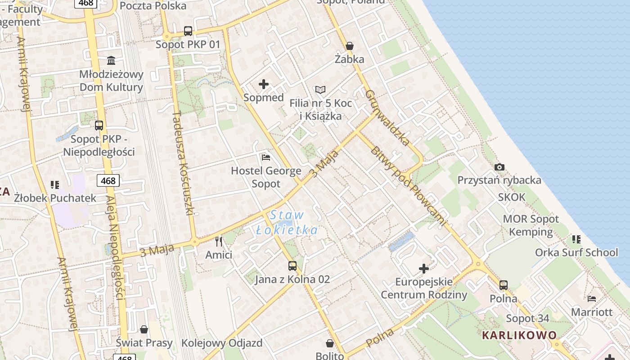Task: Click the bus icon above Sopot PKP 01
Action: tap(188, 31)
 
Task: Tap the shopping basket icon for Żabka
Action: tap(350, 46)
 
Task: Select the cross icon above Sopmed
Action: tap(264, 84)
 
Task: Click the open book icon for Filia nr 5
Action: tap(320, 90)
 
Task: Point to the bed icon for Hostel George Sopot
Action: tap(266, 157)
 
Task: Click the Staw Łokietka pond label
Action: tap(287, 223)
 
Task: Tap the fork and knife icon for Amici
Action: tap(219, 242)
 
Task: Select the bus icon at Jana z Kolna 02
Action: tap(292, 266)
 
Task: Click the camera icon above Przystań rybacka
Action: tap(499, 167)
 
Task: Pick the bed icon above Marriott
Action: tap(592, 299)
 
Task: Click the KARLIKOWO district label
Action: tap(519, 335)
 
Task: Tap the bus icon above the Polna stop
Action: tap(504, 285)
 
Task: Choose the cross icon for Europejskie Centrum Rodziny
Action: tap(424, 269)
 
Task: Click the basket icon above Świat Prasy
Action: tap(144, 330)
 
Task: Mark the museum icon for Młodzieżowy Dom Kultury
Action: tap(111, 60)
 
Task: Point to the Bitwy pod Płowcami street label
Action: tap(408, 185)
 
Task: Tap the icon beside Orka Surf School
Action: tap(576, 239)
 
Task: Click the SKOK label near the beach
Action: tap(512, 197)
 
